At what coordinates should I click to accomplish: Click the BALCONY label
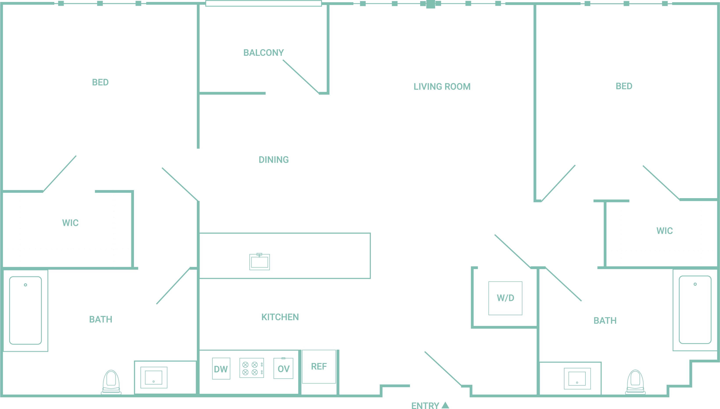[264, 52]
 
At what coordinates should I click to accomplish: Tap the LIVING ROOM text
[442, 87]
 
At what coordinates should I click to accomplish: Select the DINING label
[274, 160]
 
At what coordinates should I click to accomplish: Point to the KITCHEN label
[280, 317]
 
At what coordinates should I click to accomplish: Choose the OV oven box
[283, 368]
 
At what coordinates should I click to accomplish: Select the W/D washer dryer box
[505, 298]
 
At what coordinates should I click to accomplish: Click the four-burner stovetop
[251, 368]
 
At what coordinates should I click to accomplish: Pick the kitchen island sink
[259, 262]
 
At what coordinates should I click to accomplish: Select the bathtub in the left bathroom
[26, 310]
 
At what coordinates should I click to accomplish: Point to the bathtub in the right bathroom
[695, 309]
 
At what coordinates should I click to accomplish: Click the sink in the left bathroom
[154, 378]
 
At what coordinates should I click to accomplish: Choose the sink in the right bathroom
[577, 379]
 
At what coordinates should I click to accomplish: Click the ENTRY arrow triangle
[445, 405]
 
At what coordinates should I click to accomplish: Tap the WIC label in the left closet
[70, 223]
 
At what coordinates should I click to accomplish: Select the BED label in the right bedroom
[624, 86]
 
